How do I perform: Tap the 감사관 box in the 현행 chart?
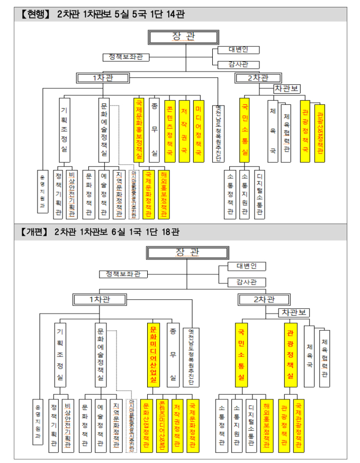tap(238, 65)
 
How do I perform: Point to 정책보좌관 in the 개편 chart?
tap(123, 274)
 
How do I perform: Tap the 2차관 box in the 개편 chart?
tap(265, 299)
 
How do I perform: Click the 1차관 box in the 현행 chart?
tap(103, 78)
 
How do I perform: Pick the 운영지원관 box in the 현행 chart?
tap(43, 191)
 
